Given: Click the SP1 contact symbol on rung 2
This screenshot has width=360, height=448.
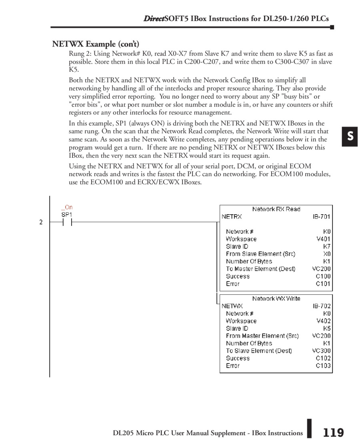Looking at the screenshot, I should (x=67, y=222).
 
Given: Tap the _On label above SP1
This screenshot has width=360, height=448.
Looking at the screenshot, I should (x=67, y=207).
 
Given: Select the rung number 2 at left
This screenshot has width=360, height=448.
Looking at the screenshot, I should (x=41, y=222).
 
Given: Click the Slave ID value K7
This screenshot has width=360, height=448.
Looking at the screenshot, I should (x=327, y=247).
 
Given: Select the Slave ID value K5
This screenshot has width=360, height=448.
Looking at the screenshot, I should (x=327, y=328).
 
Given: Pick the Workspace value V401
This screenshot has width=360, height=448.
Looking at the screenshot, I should (x=324, y=239).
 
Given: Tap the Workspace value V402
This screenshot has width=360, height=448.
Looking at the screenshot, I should (x=324, y=321).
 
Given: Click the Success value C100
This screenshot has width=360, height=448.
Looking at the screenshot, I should (x=323, y=276).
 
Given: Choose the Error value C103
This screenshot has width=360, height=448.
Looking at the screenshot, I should (x=323, y=366).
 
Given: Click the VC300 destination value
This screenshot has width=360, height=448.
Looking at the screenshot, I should (x=322, y=351).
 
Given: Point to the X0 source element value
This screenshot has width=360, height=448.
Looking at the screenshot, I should (x=327, y=254).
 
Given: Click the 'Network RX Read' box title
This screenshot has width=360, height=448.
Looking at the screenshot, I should (x=276, y=209).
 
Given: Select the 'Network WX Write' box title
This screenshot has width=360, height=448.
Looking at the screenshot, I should (x=276, y=299).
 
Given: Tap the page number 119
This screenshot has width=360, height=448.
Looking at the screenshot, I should (x=333, y=433).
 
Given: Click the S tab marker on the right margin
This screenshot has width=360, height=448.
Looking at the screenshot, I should (x=350, y=137).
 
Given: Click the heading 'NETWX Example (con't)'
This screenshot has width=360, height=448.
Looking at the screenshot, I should (x=96, y=44).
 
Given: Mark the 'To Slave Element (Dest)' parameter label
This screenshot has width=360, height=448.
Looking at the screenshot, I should (x=259, y=351).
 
